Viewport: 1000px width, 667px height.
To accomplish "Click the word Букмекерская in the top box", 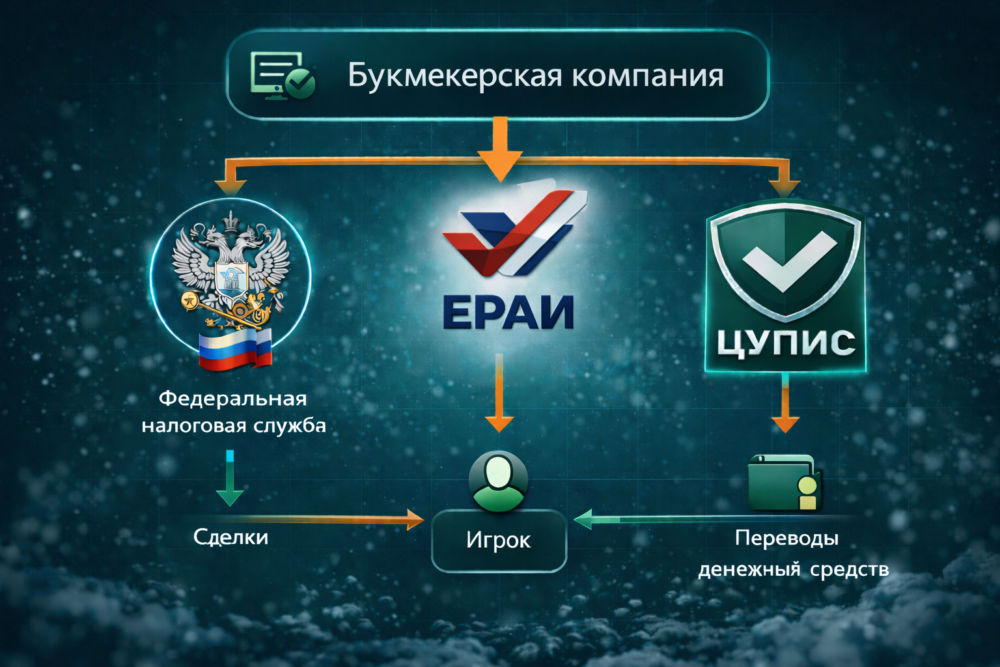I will pos(454,76).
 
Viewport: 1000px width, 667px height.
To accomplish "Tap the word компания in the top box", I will pos(648,76).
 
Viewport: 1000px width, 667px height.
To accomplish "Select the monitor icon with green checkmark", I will pos(283,76).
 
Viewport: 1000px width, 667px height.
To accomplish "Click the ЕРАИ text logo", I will pos(508,312).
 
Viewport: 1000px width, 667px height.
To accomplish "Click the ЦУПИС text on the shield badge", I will pos(786,343).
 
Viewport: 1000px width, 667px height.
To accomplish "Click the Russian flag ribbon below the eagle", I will pos(235,349).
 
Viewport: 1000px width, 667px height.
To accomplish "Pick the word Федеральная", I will pos(232,398).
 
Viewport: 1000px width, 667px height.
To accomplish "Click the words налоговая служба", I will pos(234,426).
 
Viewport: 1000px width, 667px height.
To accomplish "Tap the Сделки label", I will pos(230,537).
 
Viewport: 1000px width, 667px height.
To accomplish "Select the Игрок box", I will pos(499,540).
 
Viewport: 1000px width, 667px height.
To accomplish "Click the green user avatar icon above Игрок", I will pos(498,480).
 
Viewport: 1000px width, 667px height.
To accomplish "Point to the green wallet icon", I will pos(785,483).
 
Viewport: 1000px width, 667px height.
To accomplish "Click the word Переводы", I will pos(786,538).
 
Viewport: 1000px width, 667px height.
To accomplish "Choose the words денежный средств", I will pos(793,569).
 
